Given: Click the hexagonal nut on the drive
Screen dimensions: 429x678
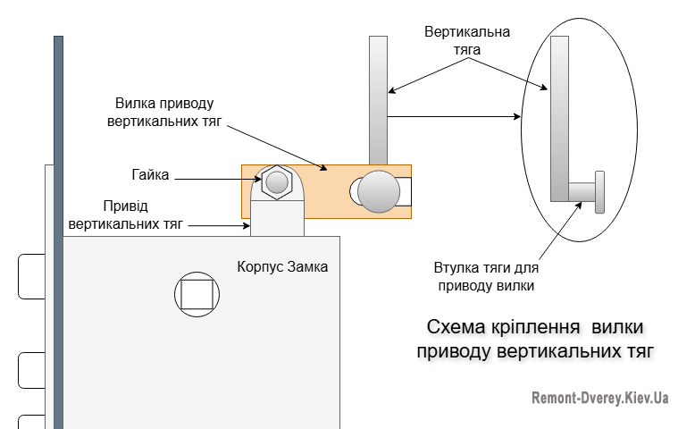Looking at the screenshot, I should click(277, 182).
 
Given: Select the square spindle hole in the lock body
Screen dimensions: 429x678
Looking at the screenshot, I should click(196, 292).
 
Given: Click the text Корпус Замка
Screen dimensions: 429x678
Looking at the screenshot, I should click(282, 267).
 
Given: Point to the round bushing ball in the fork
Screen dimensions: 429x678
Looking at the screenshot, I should click(381, 190).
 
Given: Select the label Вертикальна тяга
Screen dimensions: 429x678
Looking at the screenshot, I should click(467, 41).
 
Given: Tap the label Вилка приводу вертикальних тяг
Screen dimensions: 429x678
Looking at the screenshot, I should click(163, 111).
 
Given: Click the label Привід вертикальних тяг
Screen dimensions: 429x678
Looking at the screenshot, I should click(125, 215).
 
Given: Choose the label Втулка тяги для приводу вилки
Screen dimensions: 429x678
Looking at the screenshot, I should click(487, 276).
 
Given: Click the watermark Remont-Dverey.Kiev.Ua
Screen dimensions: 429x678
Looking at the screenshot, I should click(599, 398).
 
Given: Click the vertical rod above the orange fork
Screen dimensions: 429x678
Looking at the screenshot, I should click(378, 98).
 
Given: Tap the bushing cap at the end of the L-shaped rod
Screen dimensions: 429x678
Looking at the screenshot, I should click(601, 191).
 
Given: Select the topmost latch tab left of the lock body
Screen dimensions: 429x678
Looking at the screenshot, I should click(30, 276).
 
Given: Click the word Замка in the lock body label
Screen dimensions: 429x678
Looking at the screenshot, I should click(307, 267).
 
